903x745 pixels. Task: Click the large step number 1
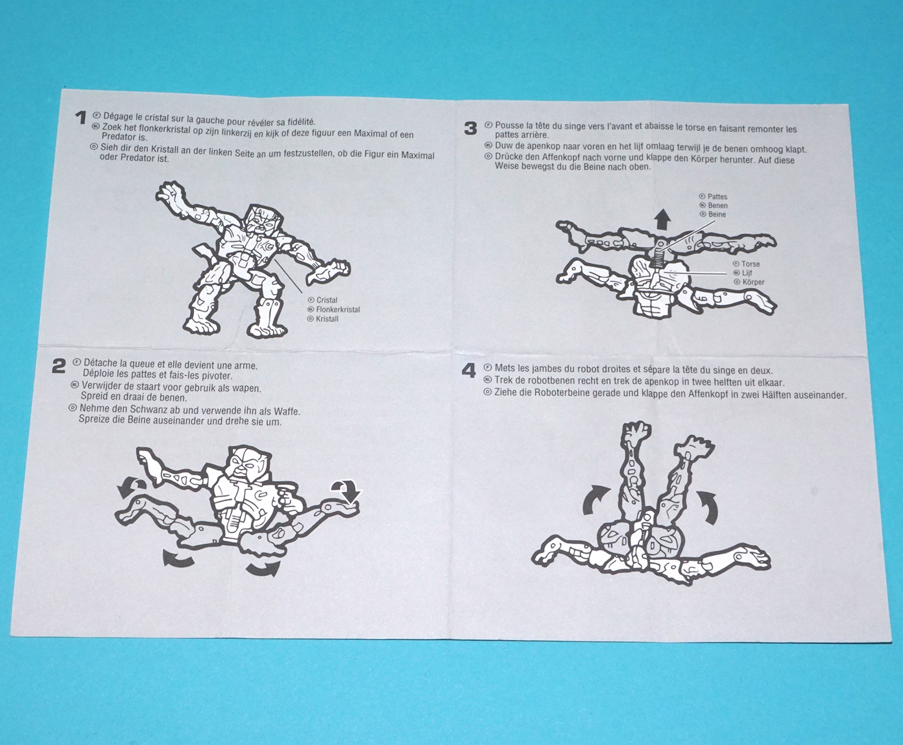coord(81,117)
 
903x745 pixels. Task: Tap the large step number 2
coord(59,366)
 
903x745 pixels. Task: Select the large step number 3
coord(471,129)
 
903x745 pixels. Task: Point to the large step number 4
coord(469,371)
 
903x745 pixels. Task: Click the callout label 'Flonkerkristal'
coord(338,309)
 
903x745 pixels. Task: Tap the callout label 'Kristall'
coord(327,319)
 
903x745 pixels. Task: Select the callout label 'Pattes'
coord(717,196)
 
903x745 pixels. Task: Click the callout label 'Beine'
coord(717,214)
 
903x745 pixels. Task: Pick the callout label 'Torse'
coord(751,264)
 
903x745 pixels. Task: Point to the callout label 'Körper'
coord(753,282)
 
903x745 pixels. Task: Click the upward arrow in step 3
coord(663,219)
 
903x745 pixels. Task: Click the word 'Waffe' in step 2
coord(286,411)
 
